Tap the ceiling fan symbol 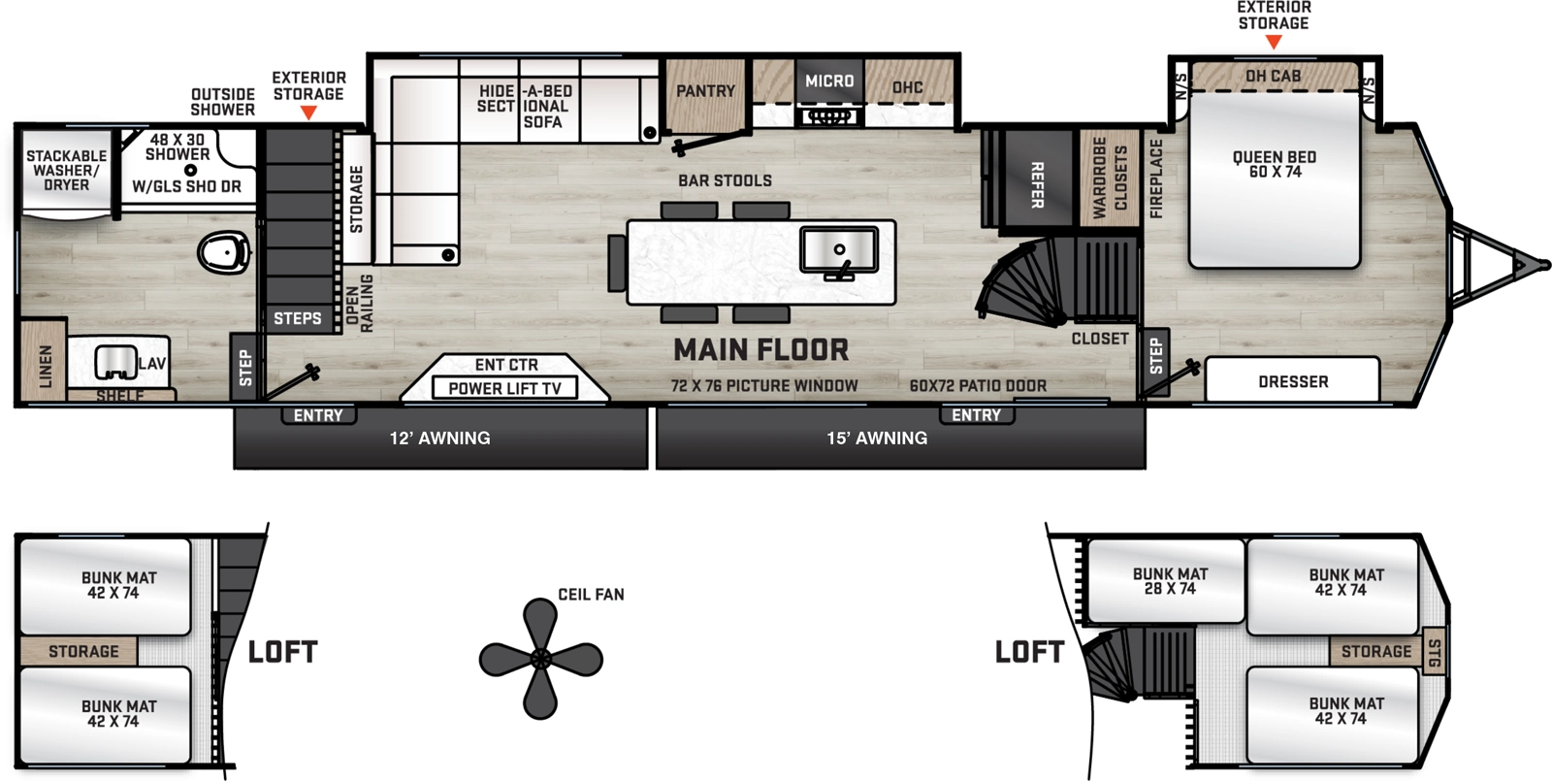[540, 659]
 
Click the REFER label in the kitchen [1037, 184]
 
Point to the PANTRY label [705, 91]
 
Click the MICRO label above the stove [829, 81]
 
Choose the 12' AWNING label [439, 439]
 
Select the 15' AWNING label [877, 439]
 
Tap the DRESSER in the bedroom [1292, 381]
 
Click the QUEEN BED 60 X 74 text [1274, 164]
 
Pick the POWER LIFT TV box [504, 388]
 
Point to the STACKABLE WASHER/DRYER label [66, 170]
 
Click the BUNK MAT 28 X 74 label [1170, 581]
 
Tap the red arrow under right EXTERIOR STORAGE [1274, 42]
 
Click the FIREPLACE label [1155, 179]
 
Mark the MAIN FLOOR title [760, 349]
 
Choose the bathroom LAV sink [115, 363]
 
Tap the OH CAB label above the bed [1273, 76]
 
